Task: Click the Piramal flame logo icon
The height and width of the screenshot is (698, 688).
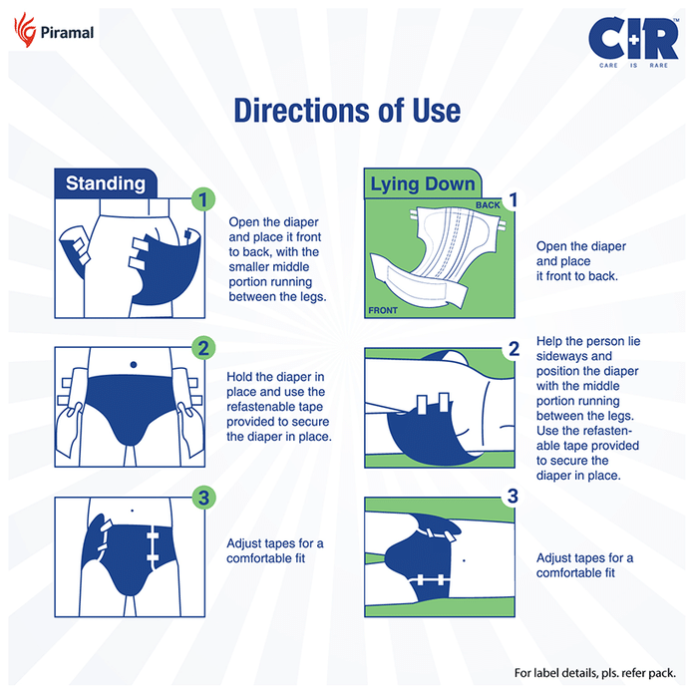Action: (25, 29)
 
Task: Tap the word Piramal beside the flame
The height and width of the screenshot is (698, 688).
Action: (67, 33)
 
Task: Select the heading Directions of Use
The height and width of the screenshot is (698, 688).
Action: (347, 111)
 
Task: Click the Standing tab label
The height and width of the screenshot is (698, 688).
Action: (106, 183)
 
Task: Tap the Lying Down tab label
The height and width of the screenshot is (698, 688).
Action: (423, 183)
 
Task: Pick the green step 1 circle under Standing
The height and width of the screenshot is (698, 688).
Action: (203, 199)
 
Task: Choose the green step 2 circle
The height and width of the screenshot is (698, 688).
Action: (203, 348)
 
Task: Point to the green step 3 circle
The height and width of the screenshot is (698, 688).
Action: (203, 498)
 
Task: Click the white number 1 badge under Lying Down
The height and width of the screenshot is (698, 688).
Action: (514, 199)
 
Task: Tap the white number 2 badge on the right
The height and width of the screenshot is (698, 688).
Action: (514, 349)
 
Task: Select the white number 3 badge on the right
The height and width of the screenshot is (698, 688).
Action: (513, 496)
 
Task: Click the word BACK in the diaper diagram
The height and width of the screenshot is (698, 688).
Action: (488, 205)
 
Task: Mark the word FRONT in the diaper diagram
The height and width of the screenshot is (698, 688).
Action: (383, 310)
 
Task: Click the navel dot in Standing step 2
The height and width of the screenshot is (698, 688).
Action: (134, 365)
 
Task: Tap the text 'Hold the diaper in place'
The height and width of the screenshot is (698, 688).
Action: (275, 384)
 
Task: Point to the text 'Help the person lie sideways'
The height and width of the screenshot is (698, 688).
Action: (588, 349)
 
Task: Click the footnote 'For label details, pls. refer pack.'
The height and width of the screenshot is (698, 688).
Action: (595, 673)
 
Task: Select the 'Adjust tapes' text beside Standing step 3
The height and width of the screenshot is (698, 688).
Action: (274, 550)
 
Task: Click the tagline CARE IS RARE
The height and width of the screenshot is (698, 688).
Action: (633, 66)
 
